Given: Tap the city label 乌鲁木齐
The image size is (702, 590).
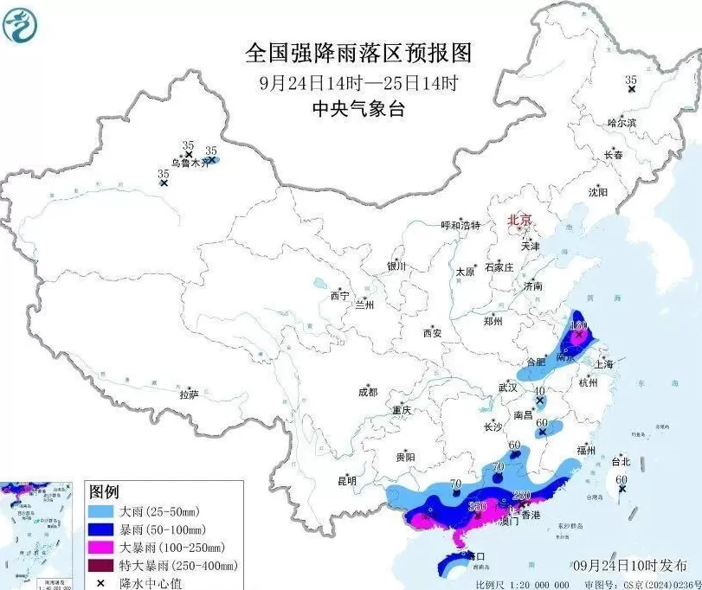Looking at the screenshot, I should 190,162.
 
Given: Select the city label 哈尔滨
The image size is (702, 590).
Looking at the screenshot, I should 621,123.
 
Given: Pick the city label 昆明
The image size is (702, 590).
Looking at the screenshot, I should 347,481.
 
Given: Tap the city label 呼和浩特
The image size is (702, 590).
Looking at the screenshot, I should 460,225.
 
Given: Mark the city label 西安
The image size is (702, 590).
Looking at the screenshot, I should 432,332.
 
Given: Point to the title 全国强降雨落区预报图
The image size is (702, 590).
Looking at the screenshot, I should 358,53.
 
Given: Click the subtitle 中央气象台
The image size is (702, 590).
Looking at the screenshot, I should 358,109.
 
